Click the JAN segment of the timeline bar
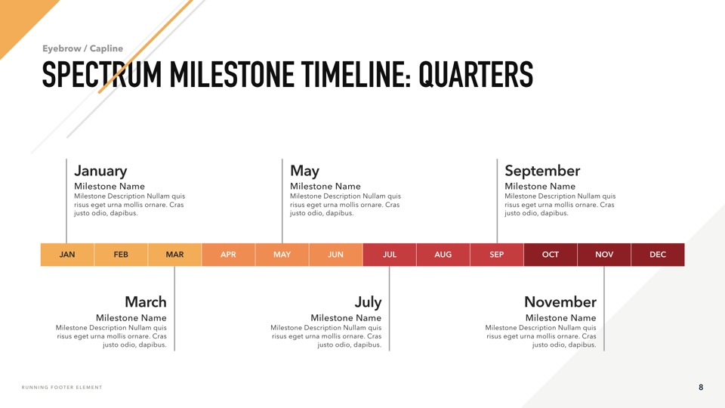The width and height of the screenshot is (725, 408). pos(67,255)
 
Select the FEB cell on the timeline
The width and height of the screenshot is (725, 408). pos(121,255)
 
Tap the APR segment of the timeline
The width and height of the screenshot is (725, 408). pos(228,255)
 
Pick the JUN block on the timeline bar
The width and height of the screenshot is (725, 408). pos(335,255)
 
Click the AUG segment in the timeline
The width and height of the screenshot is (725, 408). pos(443,255)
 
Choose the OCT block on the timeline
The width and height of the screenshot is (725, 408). pos(551,255)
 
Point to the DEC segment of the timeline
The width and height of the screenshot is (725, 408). pos(658,255)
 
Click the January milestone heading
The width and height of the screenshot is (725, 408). pos(100,172)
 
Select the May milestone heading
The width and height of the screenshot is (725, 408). pos(304,172)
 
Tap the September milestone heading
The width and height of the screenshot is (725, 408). pos(542,171)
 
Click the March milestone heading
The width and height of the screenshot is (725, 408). pos(146,301)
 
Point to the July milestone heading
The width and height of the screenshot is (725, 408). pos(368,302)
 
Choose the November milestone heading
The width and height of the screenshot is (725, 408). pos(560,301)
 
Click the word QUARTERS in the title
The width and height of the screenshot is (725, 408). pos(476,75)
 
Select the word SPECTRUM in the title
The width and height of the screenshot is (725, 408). pos(102,75)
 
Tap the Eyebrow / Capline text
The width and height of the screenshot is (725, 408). pos(83,48)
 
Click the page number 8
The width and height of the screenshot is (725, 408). pos(701,387)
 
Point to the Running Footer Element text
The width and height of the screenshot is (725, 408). pos(62,387)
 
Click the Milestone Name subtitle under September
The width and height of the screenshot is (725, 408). pos(540,186)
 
